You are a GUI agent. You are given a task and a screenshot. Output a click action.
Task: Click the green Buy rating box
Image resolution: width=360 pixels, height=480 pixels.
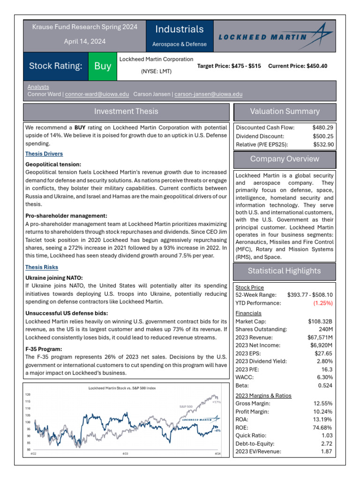103,66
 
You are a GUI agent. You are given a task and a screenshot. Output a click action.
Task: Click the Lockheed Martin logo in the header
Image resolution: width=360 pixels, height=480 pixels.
275,37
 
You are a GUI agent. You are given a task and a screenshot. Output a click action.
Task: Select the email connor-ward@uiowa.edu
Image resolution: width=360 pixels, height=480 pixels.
97,94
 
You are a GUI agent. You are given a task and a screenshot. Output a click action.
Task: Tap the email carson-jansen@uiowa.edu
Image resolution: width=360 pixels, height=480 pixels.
208,94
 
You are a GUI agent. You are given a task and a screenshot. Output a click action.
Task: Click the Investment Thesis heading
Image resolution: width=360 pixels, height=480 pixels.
126,112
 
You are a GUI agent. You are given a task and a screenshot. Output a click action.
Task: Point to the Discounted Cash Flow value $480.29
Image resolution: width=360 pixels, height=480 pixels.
323,127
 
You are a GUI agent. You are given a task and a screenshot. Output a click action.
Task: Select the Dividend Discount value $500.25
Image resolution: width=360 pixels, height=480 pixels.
323,136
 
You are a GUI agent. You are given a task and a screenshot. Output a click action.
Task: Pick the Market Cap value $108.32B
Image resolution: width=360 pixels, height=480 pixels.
320,322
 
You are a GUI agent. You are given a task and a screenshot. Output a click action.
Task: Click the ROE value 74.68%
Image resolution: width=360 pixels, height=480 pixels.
322,427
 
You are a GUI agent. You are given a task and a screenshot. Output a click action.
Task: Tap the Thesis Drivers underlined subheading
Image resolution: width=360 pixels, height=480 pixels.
44,154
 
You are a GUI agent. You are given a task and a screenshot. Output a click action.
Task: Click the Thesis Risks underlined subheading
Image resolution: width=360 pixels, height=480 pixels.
42,267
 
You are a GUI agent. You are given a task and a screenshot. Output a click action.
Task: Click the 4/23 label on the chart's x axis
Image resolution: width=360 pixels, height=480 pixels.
125,454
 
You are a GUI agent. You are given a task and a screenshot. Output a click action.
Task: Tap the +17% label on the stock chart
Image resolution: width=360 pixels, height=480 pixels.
216,402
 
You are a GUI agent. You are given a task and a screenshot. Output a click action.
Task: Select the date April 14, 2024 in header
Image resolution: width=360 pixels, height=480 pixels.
85,41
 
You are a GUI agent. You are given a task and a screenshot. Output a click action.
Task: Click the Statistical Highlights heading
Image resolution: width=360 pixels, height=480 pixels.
284,271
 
